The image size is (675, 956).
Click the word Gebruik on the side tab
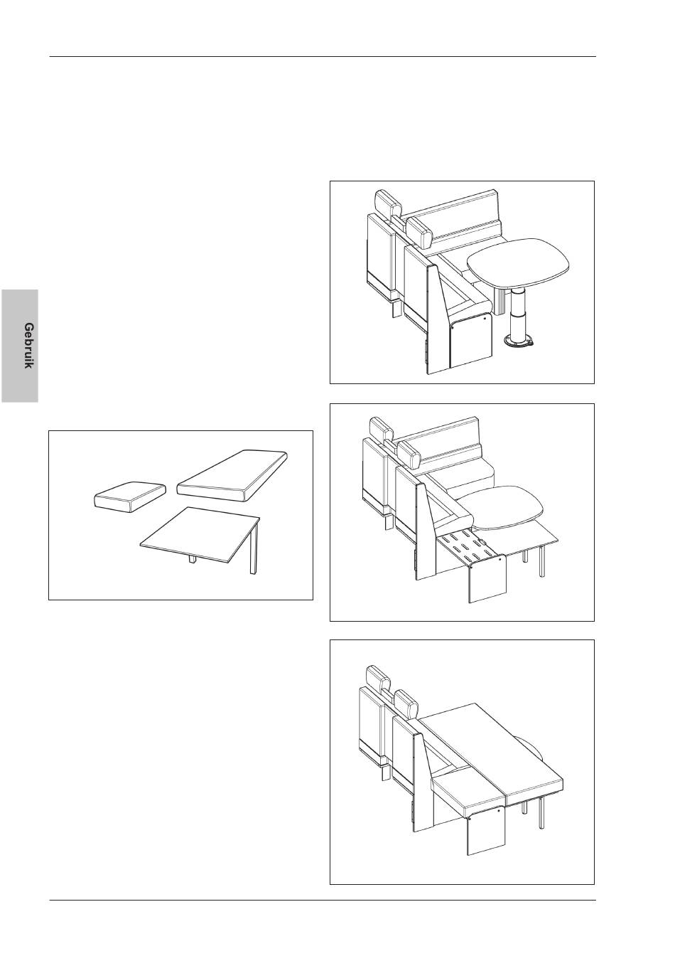click(x=28, y=346)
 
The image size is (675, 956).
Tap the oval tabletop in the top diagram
click(x=519, y=261)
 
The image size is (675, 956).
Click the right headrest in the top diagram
click(x=420, y=232)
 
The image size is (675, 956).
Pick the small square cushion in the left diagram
click(x=129, y=496)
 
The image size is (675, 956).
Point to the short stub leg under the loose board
click(x=193, y=558)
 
